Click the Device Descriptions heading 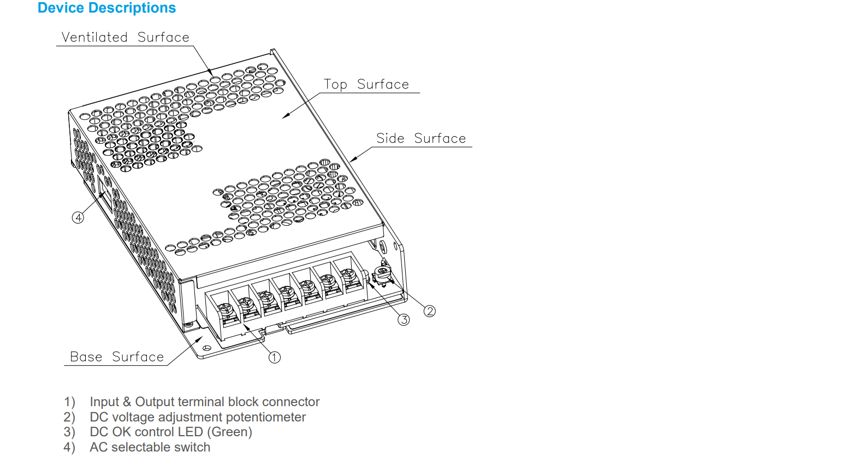point(106,8)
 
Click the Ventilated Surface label point(125,37)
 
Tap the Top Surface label point(366,84)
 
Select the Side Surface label point(420,138)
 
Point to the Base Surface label point(116,357)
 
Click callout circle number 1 point(274,358)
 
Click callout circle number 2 point(430,311)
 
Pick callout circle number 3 point(404,320)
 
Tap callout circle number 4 point(78,218)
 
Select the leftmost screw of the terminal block point(226,309)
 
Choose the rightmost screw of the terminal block point(348,274)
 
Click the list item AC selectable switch point(150,447)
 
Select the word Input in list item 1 point(104,402)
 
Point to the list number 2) point(69,417)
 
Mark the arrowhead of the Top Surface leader point(284,117)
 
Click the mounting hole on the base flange point(207,348)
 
